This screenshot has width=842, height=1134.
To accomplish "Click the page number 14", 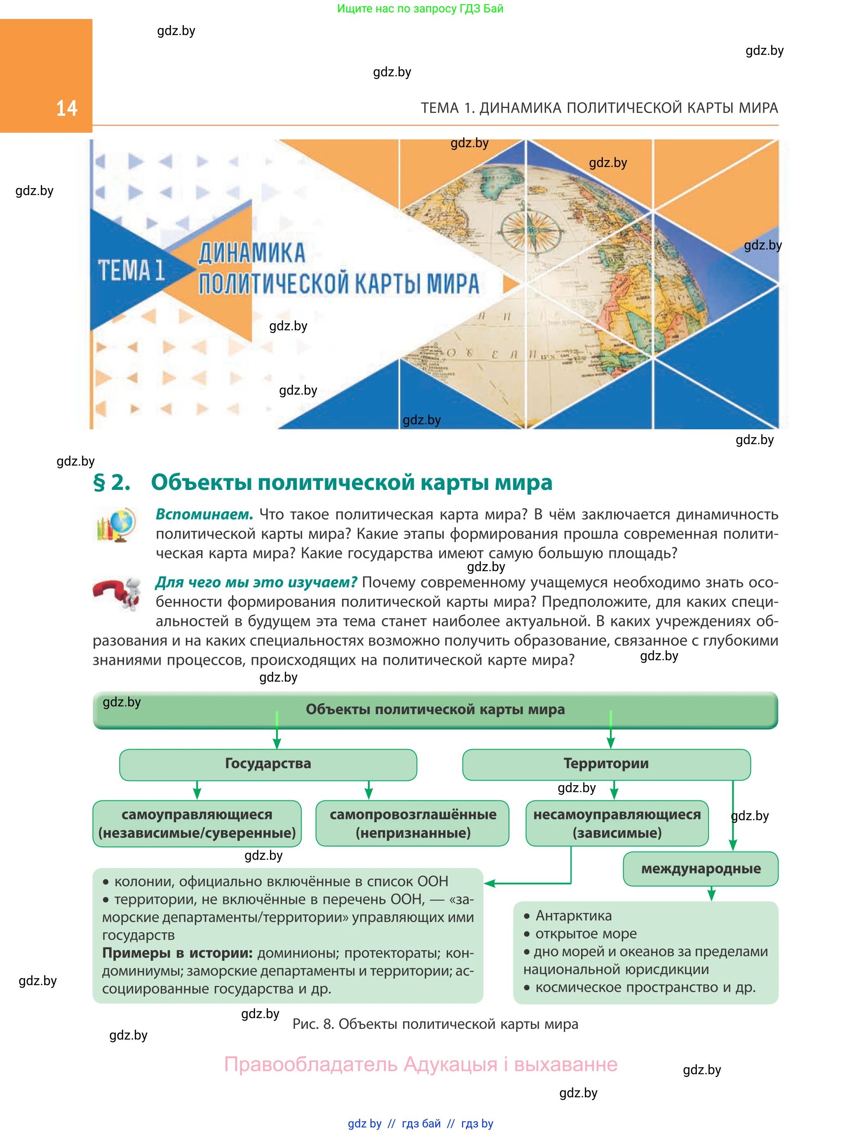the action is pyautogui.click(x=67, y=108).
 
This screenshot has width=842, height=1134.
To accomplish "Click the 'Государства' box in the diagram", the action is pyautogui.click(x=268, y=765).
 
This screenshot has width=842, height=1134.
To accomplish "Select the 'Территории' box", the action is pyautogui.click(x=607, y=765).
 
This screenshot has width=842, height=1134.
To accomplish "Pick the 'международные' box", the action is pyautogui.click(x=701, y=869).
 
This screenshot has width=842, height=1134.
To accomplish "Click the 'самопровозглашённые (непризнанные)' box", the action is pyautogui.click(x=413, y=823).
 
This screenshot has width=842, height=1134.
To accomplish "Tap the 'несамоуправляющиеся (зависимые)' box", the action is pyautogui.click(x=617, y=823).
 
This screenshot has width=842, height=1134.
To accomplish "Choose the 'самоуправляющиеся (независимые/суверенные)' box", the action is pyautogui.click(x=197, y=824).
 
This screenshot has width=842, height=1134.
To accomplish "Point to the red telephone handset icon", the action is pyautogui.click(x=117, y=593).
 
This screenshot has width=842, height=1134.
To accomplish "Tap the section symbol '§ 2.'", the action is pyautogui.click(x=112, y=482).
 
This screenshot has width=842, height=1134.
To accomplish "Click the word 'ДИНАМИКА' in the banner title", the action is pyautogui.click(x=252, y=254).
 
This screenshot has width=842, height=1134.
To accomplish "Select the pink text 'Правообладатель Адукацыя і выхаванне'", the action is pyautogui.click(x=421, y=1065).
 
